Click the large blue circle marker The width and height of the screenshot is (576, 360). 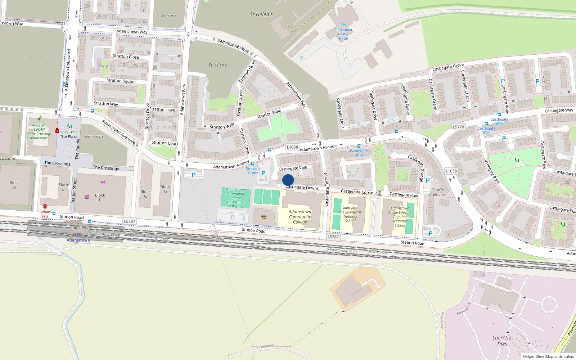288,180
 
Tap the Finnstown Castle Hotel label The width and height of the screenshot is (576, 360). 343,34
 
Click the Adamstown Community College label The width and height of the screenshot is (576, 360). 300,217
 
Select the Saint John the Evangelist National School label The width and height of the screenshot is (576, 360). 350,214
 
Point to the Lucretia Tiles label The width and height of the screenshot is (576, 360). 502,341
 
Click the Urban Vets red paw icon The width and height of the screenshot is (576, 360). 45,206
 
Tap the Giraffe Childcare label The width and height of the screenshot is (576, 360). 437,192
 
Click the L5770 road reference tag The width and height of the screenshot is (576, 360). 458,127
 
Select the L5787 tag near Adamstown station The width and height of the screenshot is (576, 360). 129,221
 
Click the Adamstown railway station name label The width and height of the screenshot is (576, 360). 78,240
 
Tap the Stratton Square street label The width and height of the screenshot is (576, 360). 121,81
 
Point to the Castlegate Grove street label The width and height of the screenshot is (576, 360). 448,67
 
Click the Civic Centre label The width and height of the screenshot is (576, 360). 94,136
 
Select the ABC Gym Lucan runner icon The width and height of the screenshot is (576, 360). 40,119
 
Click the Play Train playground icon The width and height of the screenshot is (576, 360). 69,126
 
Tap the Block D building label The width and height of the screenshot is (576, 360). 14,185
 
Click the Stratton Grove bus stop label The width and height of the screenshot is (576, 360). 253,171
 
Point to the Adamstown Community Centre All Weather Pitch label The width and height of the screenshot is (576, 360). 236,198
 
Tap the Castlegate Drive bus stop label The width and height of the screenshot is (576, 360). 359,153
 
